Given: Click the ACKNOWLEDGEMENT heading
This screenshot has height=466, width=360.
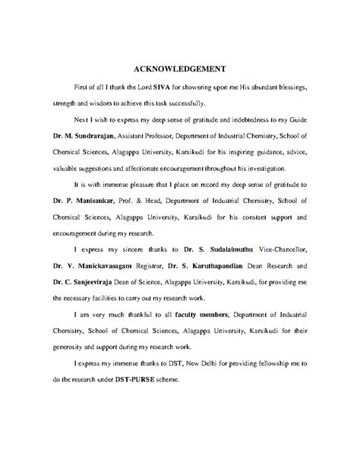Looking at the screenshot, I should (180, 66).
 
